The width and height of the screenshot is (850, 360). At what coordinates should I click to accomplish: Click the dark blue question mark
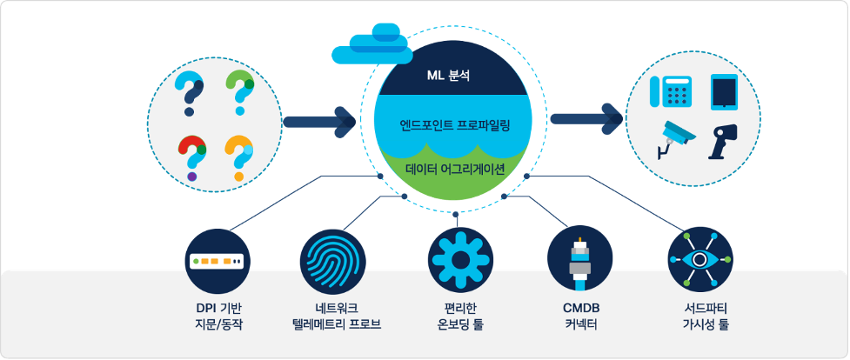190,93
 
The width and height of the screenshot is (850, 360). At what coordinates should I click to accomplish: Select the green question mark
239,90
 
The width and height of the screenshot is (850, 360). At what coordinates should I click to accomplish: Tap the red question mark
191,155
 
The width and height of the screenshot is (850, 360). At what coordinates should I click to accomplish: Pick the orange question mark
238,155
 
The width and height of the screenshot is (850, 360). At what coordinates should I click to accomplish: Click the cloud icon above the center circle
373,44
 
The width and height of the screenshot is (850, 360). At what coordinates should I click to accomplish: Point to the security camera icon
674,137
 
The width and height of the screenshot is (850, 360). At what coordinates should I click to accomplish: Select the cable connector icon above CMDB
579,260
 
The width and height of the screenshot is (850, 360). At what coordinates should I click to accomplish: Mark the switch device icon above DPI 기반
218,261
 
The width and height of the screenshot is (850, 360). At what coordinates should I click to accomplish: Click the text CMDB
581,309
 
